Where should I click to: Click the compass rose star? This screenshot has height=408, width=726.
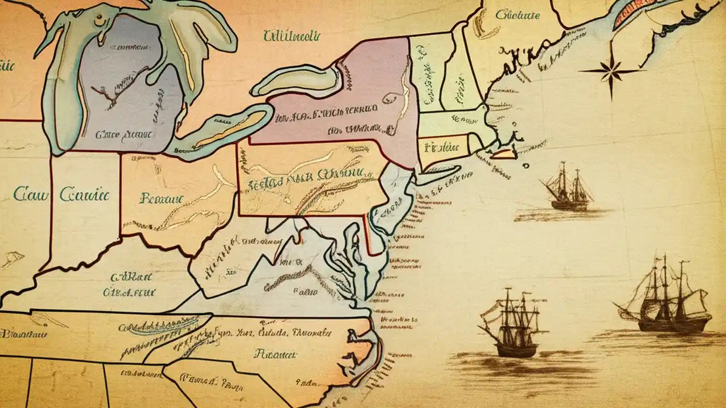point(610,71)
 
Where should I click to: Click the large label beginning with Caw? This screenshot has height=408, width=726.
point(31,194)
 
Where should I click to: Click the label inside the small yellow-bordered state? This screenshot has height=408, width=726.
point(441,147)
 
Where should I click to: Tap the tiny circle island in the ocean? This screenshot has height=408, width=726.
point(526,166)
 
